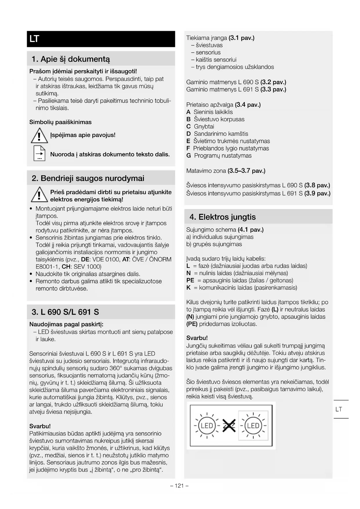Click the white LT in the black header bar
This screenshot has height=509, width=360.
[34, 39]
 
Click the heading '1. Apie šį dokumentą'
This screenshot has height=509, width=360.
[70, 59]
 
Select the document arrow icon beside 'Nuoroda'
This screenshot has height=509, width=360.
[39, 153]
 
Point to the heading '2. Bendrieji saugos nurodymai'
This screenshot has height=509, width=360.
[88, 178]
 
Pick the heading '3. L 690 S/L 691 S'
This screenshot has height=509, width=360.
[65, 312]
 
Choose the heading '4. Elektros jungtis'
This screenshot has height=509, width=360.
[222, 217]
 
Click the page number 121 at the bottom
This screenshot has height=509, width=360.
[179, 486]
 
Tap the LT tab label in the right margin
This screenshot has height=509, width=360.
[339, 409]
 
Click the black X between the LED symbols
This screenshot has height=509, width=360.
[229, 425]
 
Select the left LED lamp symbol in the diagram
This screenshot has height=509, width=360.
[207, 426]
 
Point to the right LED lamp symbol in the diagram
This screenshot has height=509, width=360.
[253, 426]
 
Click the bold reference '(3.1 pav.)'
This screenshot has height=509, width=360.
[241, 38]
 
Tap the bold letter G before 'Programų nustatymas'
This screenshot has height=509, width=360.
[189, 156]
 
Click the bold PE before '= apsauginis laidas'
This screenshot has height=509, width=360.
[190, 280]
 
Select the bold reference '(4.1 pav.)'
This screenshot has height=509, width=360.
[251, 230]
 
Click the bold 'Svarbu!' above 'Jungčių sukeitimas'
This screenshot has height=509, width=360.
[197, 338]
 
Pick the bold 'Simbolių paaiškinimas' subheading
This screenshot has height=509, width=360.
[60, 122]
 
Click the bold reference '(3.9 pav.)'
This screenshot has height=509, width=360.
[317, 193]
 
